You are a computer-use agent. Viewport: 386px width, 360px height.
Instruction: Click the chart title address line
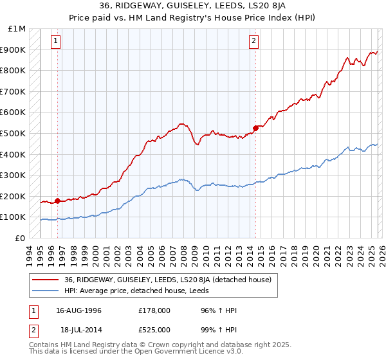[193, 7]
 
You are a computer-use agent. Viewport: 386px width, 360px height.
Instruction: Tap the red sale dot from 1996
[57, 201]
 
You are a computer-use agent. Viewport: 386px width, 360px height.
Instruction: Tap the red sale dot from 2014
[255, 128]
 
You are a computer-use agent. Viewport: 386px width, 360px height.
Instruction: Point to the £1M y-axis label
[17, 29]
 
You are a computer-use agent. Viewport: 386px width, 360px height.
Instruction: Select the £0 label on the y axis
[21, 238]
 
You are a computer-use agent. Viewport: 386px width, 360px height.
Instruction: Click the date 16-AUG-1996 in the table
[78, 310]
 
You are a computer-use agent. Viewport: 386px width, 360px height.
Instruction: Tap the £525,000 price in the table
[158, 330]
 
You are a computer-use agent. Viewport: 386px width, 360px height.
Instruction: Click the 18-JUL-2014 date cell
[78, 330]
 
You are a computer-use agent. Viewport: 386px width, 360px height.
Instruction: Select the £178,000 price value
[158, 310]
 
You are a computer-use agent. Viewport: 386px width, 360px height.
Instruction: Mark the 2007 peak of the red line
[181, 123]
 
